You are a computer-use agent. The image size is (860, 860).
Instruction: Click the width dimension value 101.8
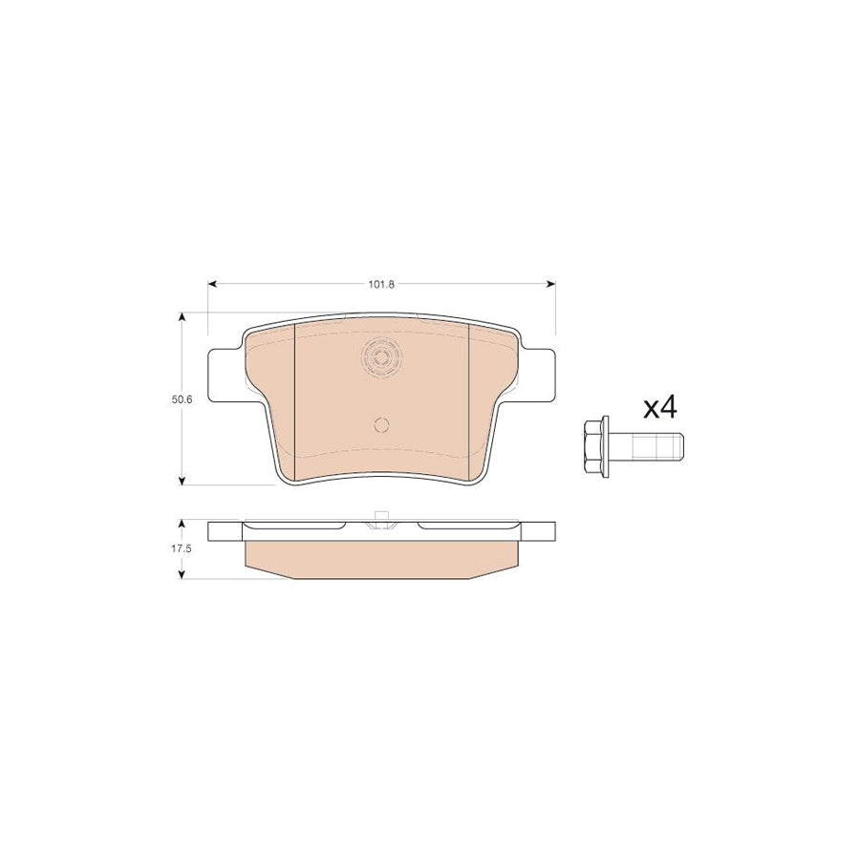[381, 284]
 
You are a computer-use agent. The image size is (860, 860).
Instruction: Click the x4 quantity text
[659, 408]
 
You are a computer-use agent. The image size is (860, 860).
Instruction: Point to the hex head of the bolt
[592, 441]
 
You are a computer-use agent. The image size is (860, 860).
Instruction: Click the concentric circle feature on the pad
[381, 358]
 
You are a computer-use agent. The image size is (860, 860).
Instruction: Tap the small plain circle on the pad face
[381, 426]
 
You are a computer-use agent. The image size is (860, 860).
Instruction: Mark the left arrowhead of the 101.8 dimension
[212, 284]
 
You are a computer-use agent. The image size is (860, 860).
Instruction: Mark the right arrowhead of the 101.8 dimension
[551, 284]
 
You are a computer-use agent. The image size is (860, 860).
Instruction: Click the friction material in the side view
[381, 561]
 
